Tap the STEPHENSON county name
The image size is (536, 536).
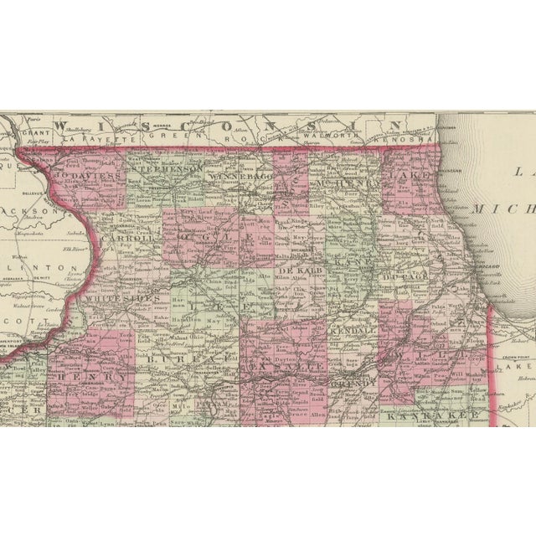point(168,168)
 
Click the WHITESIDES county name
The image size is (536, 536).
point(116,296)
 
